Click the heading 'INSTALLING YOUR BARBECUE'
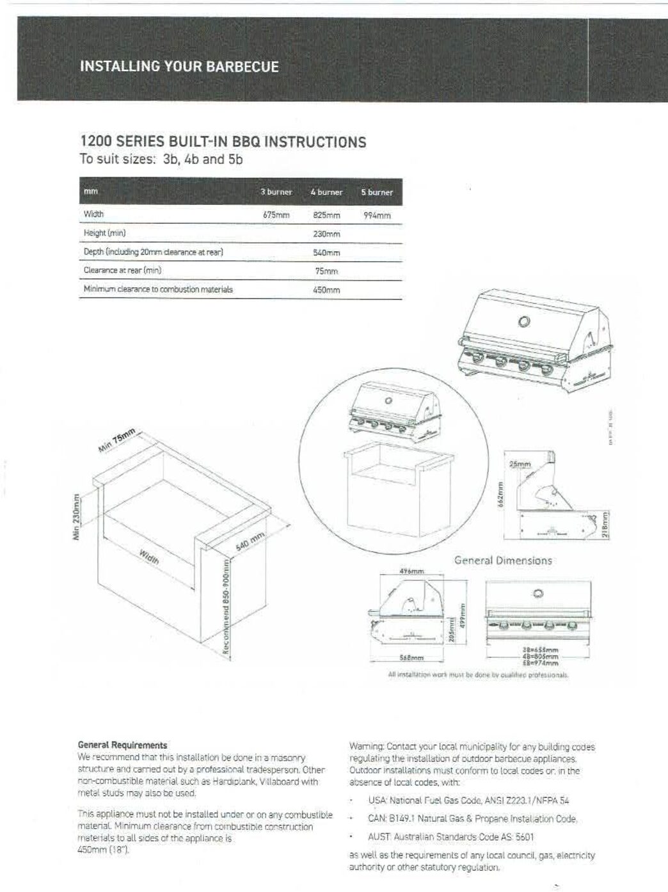[x=179, y=67]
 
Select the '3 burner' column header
[x=276, y=192]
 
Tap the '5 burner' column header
[x=377, y=192]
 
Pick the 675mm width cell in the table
[x=276, y=215]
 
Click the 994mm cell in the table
[x=377, y=216]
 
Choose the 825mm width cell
[x=326, y=216]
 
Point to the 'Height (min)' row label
[x=104, y=233]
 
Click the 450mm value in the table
[x=326, y=290]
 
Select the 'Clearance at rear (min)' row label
[x=122, y=270]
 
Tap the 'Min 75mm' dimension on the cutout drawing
[x=117, y=440]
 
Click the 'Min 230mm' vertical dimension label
[x=76, y=516]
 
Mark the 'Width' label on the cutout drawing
[x=149, y=557]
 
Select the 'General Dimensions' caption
[x=503, y=561]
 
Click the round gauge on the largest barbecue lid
[x=523, y=321]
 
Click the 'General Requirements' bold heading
[x=122, y=745]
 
